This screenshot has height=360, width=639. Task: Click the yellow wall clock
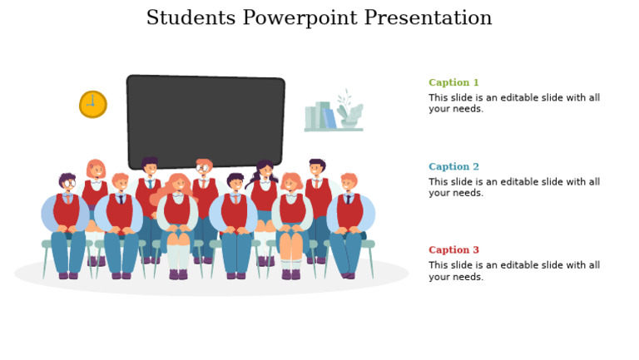92,104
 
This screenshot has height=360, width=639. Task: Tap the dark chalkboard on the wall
206,121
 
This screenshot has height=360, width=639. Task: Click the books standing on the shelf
320,116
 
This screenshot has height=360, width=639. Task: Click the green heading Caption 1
453,82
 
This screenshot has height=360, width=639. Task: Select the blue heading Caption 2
453,166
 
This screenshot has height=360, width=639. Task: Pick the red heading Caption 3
453,249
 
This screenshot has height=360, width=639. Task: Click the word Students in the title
191,18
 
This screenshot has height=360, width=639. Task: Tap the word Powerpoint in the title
302,18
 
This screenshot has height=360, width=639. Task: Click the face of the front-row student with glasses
67,184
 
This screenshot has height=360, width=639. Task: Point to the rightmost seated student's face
349,184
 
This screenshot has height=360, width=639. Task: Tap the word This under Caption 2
438,182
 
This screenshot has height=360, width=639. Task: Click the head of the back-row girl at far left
96,170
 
